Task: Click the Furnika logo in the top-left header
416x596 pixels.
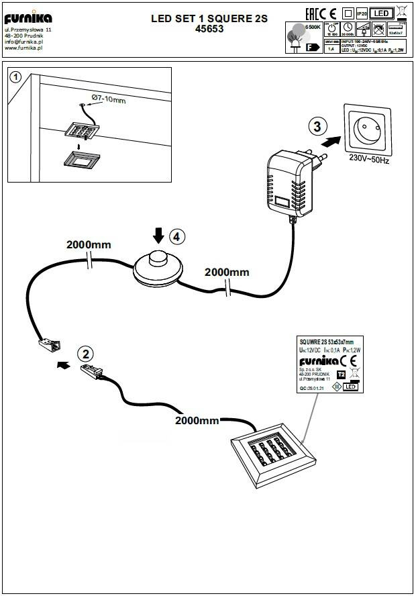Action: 28,19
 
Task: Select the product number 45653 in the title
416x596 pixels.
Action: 209,30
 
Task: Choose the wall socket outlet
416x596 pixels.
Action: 368,129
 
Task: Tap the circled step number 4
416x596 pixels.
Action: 176,236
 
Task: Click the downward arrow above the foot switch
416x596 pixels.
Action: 158,236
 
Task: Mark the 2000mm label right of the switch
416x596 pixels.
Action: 227,272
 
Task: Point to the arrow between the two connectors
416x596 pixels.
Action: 62,365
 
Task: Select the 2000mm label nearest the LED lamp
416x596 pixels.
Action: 197,421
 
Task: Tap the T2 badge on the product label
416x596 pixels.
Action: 340,375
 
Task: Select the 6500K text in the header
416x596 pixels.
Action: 311,25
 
